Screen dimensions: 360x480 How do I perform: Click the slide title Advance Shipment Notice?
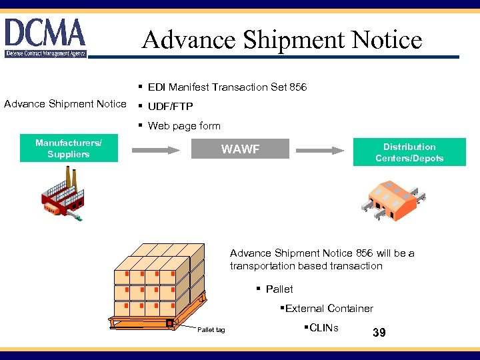point(281,39)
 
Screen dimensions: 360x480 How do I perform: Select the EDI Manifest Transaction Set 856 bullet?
point(227,87)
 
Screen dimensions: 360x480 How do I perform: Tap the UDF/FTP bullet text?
point(170,107)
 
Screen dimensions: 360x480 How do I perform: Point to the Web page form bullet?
point(183,126)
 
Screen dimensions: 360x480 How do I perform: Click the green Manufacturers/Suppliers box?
point(69,149)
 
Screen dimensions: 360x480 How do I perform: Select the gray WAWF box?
point(240,149)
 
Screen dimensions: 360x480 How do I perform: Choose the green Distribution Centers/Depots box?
point(409,153)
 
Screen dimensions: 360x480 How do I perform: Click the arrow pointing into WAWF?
point(156,149)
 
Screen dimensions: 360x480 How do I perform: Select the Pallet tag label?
point(211,330)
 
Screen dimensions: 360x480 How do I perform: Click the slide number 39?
point(379,333)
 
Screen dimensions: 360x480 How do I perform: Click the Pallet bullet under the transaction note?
point(279,289)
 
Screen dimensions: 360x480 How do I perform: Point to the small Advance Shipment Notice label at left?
point(65,103)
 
